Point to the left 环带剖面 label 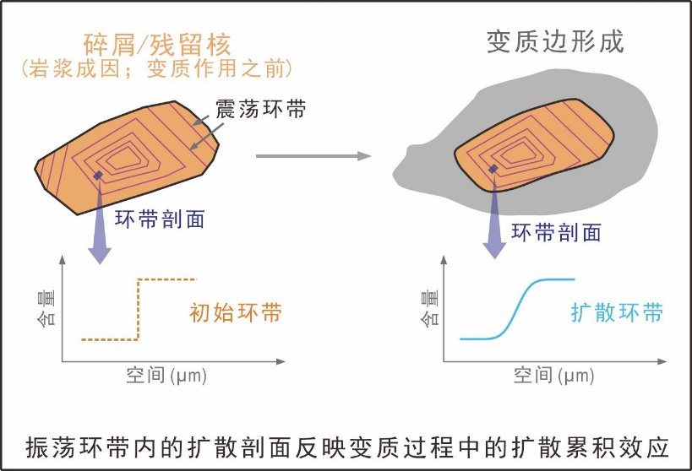click(x=162, y=219)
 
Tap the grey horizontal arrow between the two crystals click(x=313, y=156)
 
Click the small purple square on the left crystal click(x=99, y=176)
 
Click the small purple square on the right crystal click(x=493, y=170)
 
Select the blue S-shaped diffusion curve click(x=517, y=308)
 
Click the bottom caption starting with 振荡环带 click(x=347, y=444)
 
